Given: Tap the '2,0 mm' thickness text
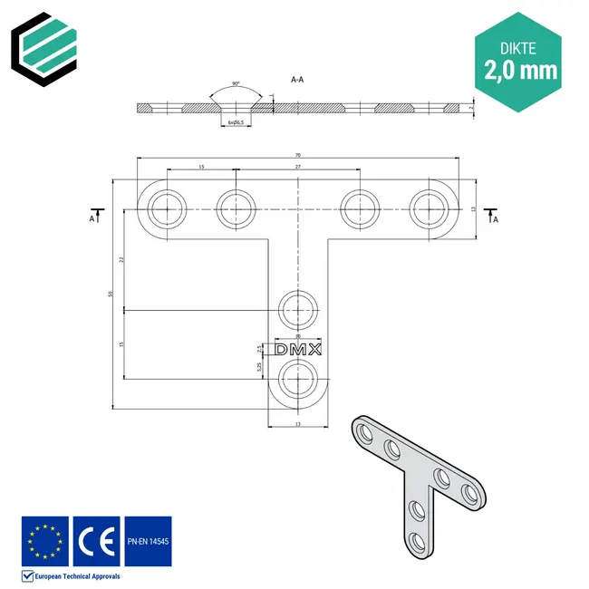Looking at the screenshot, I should click(521, 69).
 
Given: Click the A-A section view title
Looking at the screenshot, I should click(296, 81).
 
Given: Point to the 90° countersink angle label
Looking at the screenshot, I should click(236, 84).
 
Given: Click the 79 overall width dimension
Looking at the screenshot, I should click(297, 155).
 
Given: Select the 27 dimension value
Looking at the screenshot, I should click(299, 168).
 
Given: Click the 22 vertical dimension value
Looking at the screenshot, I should click(121, 260).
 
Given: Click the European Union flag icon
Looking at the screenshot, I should click(44, 541).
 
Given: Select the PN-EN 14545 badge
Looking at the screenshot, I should click(147, 541).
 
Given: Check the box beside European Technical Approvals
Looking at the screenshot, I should click(27, 575).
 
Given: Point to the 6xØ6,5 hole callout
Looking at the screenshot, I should click(237, 121).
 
